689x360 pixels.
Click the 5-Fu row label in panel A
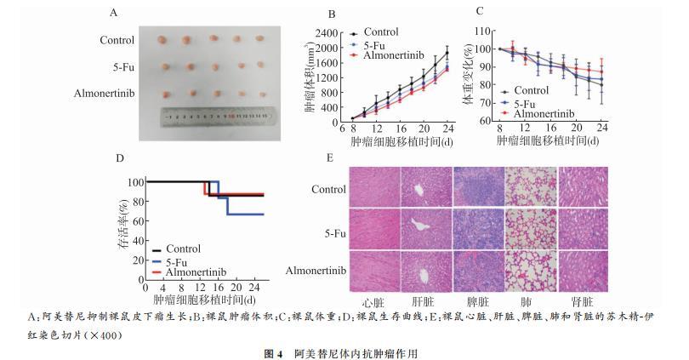click(122, 66)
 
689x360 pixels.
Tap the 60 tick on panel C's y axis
click(487, 121)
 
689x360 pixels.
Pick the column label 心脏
click(375, 301)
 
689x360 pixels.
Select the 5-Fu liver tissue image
click(426, 230)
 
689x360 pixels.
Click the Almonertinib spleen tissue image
click(478, 271)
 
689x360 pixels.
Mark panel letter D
click(120, 158)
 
